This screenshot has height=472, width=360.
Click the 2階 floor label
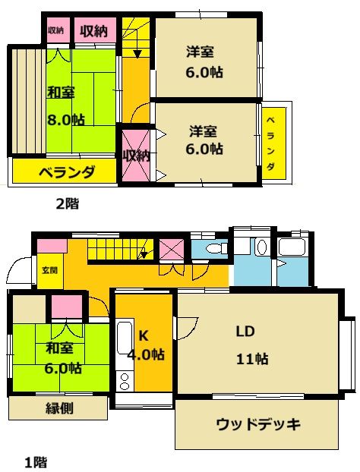(67, 203)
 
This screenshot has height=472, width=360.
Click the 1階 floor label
(36, 461)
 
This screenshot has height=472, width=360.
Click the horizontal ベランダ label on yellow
(66, 171)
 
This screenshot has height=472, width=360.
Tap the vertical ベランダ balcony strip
(273, 144)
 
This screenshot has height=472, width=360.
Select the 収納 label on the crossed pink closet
(136, 155)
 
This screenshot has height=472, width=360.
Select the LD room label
(244, 332)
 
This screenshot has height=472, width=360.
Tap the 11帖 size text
(251, 359)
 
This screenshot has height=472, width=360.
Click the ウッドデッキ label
(258, 423)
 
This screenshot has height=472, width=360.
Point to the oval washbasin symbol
(261, 247)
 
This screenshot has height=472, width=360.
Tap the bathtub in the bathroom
(292, 247)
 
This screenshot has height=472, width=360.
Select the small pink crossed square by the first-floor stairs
(171, 250)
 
